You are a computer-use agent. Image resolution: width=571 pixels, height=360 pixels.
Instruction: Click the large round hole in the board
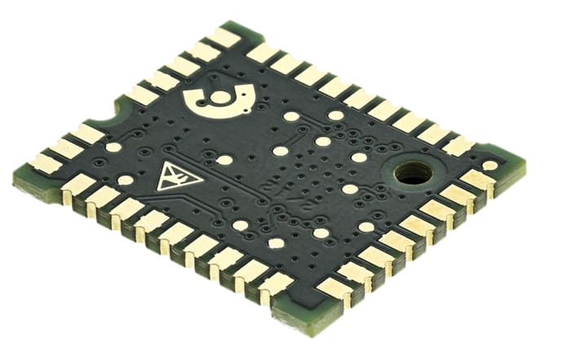pyautogui.click(x=414, y=173)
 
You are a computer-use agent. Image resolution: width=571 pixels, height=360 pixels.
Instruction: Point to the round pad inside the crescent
pyautogui.click(x=221, y=97)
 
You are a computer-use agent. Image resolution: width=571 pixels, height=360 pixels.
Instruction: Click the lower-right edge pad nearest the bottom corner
pyautogui.click(x=334, y=288)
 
